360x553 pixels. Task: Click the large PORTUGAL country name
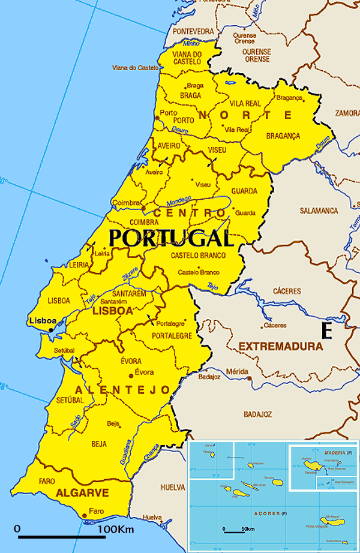point(170,238)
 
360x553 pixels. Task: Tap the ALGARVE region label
point(82,493)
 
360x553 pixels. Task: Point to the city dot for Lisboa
point(52,329)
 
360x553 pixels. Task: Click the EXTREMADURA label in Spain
point(280,346)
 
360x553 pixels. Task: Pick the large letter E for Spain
point(326,330)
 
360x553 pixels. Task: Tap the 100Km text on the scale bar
point(116,530)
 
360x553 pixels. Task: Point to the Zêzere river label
point(130,272)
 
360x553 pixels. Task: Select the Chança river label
point(152,452)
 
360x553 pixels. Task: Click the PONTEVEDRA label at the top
point(193,31)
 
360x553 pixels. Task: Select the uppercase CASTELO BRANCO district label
point(198,256)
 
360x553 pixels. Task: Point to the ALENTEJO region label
point(122,390)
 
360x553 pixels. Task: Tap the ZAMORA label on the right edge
point(347,112)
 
